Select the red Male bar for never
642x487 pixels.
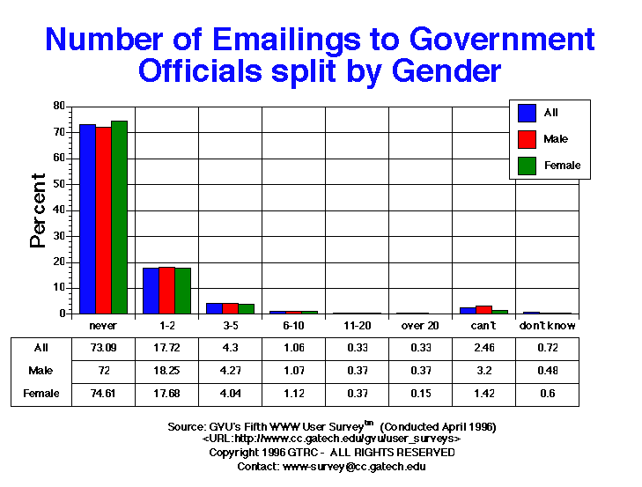103,220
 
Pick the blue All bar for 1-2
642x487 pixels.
151,291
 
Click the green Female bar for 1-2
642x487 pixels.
182,291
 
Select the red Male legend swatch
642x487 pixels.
528,139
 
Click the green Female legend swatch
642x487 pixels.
528,166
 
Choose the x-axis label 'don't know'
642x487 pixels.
547,326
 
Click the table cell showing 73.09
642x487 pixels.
104,348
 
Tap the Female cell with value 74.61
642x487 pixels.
104,394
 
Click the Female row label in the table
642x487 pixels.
41,394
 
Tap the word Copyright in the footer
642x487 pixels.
233,453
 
